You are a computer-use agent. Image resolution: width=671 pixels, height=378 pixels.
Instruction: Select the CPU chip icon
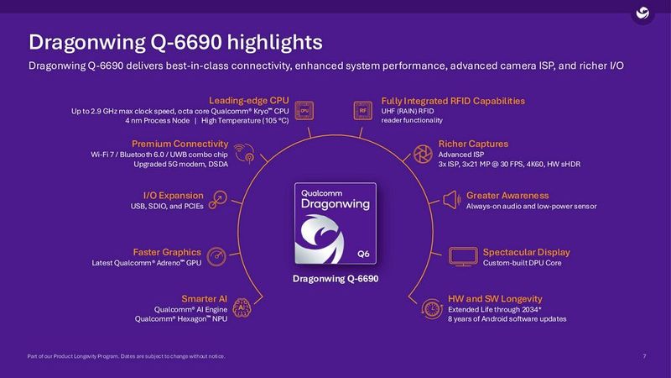(x=305, y=110)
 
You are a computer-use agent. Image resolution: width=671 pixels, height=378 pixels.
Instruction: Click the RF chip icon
(x=363, y=110)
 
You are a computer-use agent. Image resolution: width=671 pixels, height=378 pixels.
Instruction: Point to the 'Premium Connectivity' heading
(x=180, y=144)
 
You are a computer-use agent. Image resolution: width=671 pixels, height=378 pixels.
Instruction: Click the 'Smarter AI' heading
(x=205, y=298)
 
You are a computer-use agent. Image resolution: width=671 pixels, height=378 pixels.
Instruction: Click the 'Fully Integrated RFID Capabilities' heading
(x=453, y=101)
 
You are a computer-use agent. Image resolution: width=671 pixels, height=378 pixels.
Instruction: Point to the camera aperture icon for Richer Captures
(x=424, y=153)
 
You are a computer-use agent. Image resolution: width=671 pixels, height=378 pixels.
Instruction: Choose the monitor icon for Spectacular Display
(x=463, y=255)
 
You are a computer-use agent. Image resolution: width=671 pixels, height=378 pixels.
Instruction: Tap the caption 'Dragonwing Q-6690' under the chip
(x=335, y=278)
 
